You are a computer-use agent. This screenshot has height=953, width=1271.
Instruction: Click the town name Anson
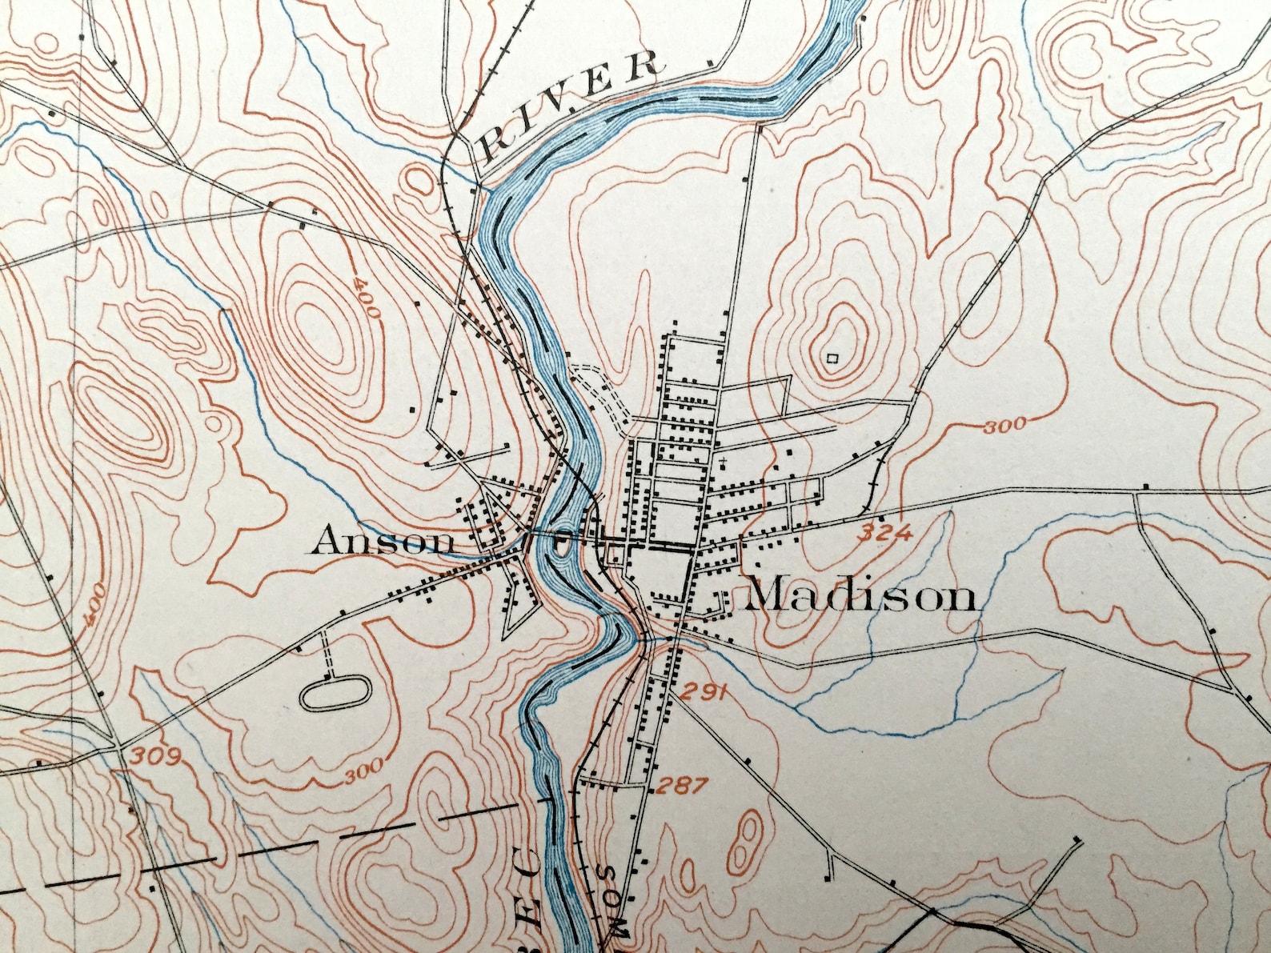point(381,543)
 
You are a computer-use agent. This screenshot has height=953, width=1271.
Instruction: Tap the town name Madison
point(861,596)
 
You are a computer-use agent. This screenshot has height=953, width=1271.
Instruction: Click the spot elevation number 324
point(885,532)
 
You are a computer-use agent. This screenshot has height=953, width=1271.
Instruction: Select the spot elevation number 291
point(704,691)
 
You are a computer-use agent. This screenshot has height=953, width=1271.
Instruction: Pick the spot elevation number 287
point(682,786)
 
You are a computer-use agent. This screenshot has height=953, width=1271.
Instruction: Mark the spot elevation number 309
point(156,756)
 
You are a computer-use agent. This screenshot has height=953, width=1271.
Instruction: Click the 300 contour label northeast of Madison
point(1004,425)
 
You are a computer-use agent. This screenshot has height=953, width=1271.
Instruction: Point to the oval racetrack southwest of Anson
point(335,692)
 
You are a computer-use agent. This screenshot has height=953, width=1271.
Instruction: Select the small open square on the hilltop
point(832,358)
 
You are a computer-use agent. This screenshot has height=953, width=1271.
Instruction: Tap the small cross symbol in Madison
point(722,462)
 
